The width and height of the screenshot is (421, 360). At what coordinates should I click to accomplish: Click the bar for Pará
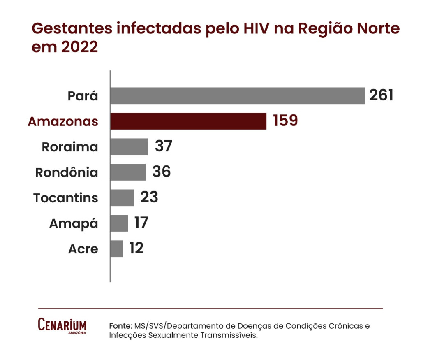(238, 96)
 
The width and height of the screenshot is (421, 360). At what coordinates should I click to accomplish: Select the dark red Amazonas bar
(188, 121)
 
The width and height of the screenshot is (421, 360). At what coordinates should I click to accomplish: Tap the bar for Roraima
(129, 147)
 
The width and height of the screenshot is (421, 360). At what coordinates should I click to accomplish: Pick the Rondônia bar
(128, 172)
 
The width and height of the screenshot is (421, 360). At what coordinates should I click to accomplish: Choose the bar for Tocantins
(122, 197)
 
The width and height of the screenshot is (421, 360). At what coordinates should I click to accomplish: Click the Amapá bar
(119, 223)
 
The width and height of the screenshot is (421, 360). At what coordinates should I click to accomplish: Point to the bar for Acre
(117, 249)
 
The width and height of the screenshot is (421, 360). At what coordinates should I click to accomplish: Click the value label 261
(382, 95)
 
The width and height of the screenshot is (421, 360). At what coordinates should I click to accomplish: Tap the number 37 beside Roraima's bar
(163, 146)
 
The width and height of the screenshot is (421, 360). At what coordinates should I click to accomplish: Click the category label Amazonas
(63, 122)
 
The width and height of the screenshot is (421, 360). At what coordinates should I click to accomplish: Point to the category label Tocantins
(66, 198)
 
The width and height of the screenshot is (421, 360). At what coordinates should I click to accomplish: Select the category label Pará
(83, 96)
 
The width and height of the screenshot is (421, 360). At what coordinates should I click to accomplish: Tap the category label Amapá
(74, 224)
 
